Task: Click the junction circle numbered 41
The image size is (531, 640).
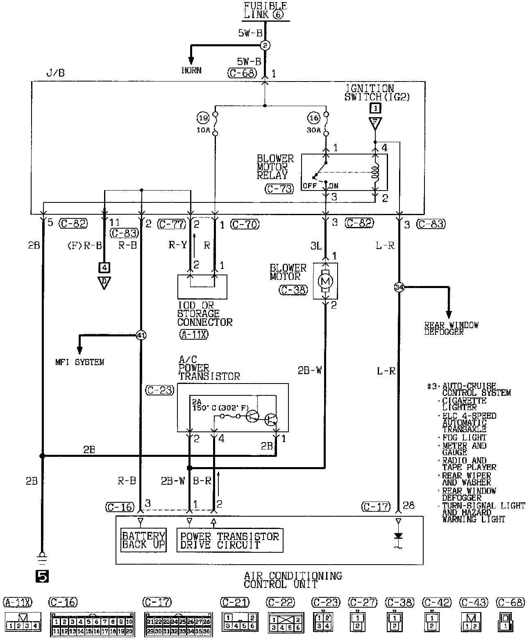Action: click(x=141, y=335)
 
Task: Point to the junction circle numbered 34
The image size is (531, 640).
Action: click(x=399, y=287)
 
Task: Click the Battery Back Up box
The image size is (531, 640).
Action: click(x=143, y=540)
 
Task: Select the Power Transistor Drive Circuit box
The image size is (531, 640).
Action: click(x=229, y=540)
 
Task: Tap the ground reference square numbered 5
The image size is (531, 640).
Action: click(x=42, y=576)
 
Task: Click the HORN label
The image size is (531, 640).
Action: click(x=191, y=70)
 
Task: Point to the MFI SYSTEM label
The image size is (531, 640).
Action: click(x=79, y=362)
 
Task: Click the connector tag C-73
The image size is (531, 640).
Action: click(x=279, y=189)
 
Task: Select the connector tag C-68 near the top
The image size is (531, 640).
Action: click(x=242, y=73)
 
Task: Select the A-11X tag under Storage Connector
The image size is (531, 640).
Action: click(x=193, y=334)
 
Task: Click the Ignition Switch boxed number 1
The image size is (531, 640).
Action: click(x=375, y=108)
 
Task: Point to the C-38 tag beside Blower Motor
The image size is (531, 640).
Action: click(x=293, y=290)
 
